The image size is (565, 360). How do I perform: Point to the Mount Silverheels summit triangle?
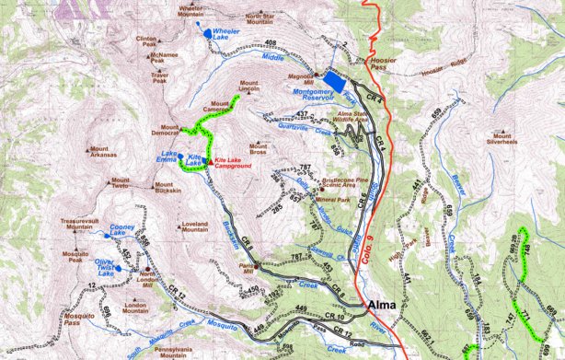tap(497, 131)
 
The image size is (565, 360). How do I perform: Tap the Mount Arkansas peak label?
tap(104, 153)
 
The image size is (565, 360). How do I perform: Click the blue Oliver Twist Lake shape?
tap(119, 269)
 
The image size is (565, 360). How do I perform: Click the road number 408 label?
tap(271, 43)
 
